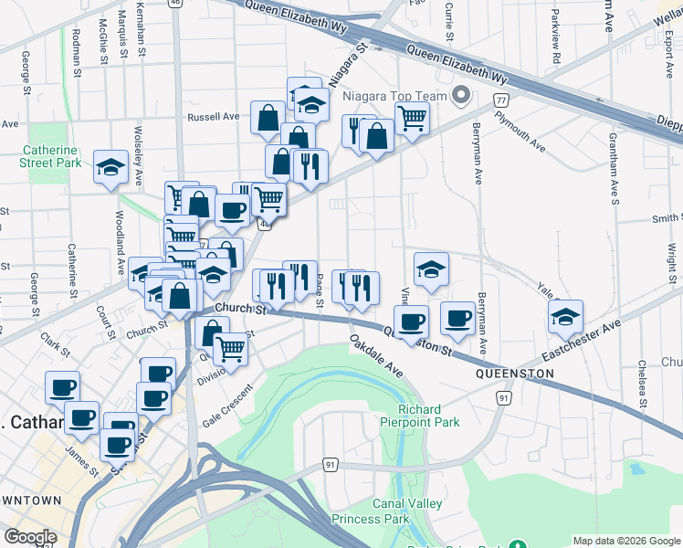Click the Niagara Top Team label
[x=394, y=96]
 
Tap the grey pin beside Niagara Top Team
[x=461, y=95]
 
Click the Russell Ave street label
[x=213, y=117]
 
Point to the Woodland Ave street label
[x=120, y=242]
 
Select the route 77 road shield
[x=500, y=99]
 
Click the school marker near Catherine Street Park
[x=111, y=167]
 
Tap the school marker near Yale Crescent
[x=566, y=317]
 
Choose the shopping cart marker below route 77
[x=412, y=118]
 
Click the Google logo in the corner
[x=29, y=537]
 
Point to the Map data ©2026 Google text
[x=626, y=541]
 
